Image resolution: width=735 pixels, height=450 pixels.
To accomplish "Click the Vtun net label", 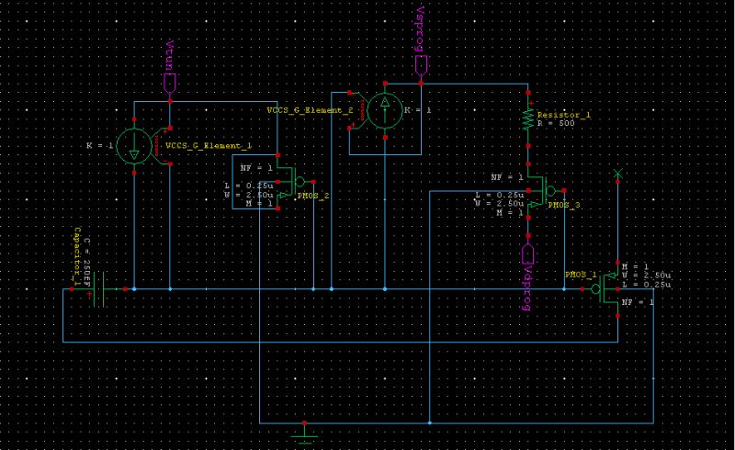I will [169, 51].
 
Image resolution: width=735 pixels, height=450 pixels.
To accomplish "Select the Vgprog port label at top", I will [420, 28].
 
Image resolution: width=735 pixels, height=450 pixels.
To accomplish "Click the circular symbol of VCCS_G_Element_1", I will [134, 147].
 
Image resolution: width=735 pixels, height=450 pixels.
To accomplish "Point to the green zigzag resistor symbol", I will [527, 118].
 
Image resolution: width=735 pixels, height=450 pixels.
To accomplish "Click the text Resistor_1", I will [563, 114].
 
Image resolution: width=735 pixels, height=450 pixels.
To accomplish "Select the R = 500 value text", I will [556, 122].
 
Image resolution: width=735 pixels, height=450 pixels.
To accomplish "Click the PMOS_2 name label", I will [313, 195].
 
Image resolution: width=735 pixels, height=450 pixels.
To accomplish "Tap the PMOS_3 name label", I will [564, 206].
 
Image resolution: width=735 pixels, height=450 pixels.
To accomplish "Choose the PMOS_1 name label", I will [581, 274].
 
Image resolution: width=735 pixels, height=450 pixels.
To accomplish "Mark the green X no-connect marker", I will [617, 174].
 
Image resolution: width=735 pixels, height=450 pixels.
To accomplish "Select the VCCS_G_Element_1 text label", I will [209, 146].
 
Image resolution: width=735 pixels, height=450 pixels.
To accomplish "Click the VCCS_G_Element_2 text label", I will [310, 110].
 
